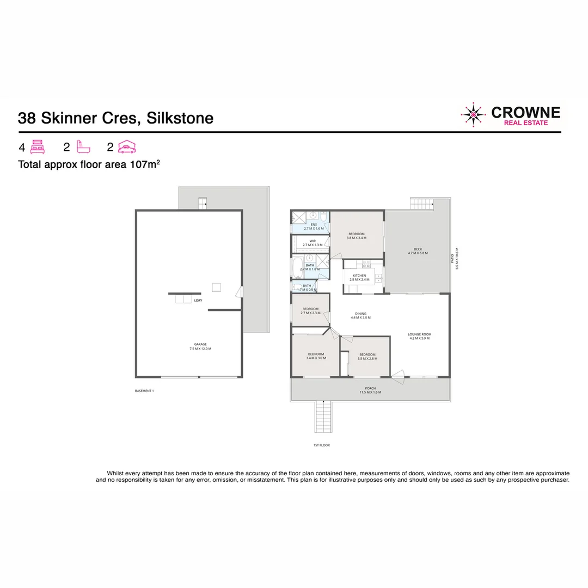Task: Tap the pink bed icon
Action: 37,146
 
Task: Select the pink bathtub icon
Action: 83,146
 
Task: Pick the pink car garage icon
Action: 127,146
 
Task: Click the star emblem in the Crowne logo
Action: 474,114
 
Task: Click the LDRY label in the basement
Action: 198,300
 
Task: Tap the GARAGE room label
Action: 200,344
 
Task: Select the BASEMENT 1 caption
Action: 144,391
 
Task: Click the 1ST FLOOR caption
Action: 322,445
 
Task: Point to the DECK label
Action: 418,249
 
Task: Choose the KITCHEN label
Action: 359,275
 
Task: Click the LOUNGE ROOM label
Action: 420,334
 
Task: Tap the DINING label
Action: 360,314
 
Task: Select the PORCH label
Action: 370,388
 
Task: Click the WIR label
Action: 313,241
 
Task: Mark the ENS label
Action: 314,224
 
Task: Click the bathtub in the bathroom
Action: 297,267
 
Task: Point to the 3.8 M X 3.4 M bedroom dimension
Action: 357,238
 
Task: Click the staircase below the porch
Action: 323,416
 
